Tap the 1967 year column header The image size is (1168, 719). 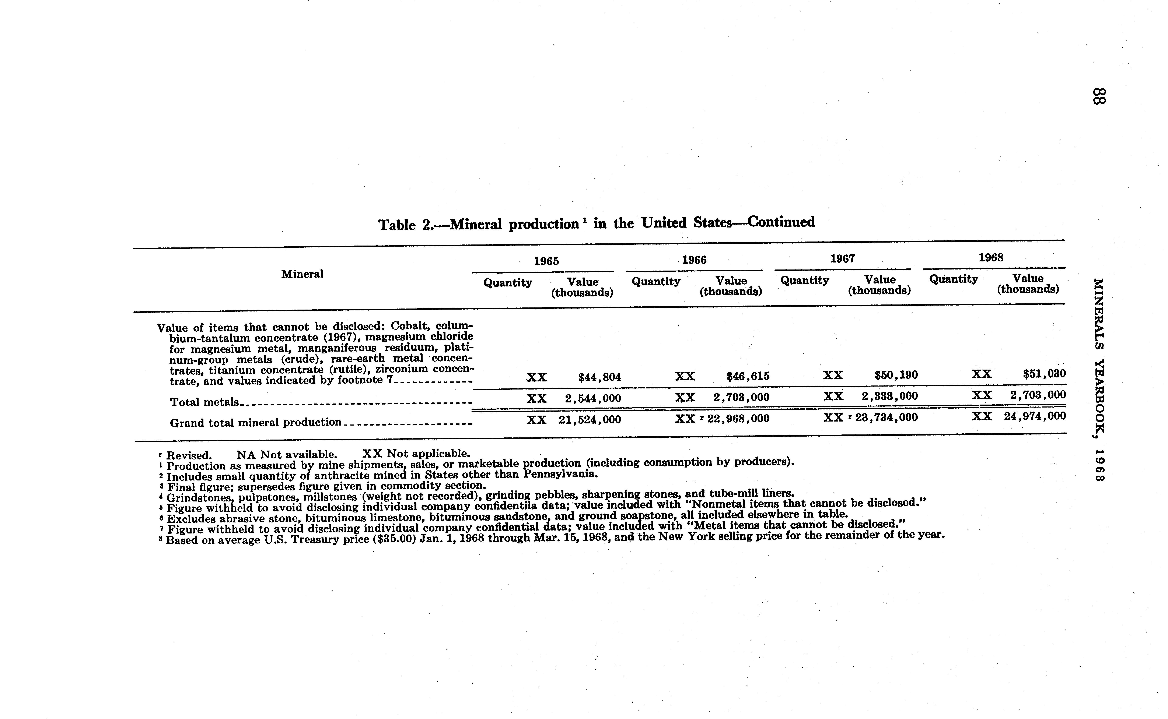(x=843, y=259)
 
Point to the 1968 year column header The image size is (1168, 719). (x=991, y=258)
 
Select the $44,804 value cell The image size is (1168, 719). (x=599, y=378)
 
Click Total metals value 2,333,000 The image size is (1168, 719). (x=890, y=396)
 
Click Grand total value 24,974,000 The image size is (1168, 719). (x=1035, y=416)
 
